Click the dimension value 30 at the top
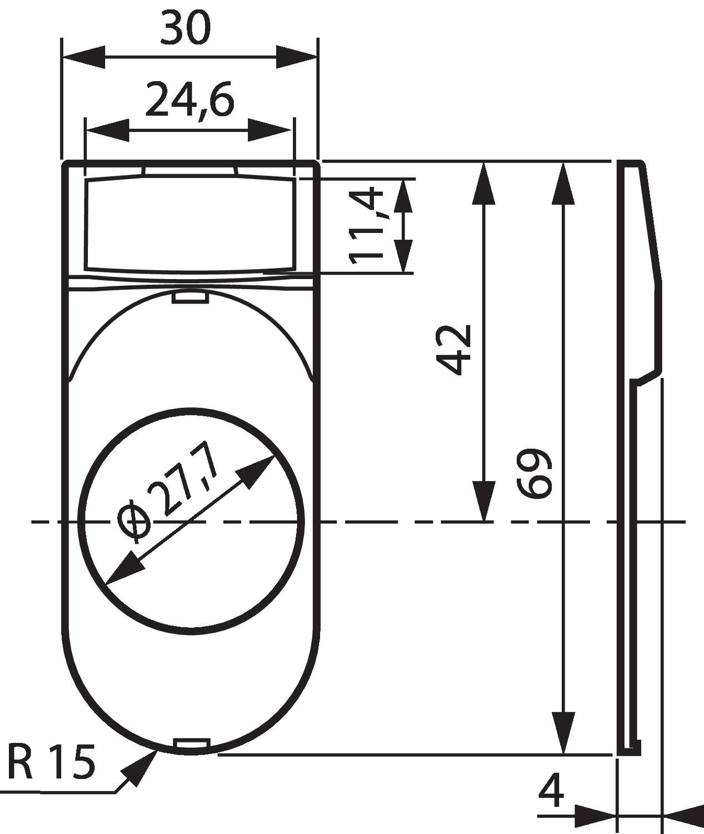pos(186,29)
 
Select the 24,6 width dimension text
pos(190,100)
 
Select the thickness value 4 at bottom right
pos(551,791)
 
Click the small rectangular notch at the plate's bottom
pos(191,744)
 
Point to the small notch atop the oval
pos(189,299)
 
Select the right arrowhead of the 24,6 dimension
pos(271,130)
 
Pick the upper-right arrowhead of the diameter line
pos(258,469)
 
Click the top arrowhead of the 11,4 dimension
pos(404,196)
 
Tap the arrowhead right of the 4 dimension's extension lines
pos(682,816)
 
